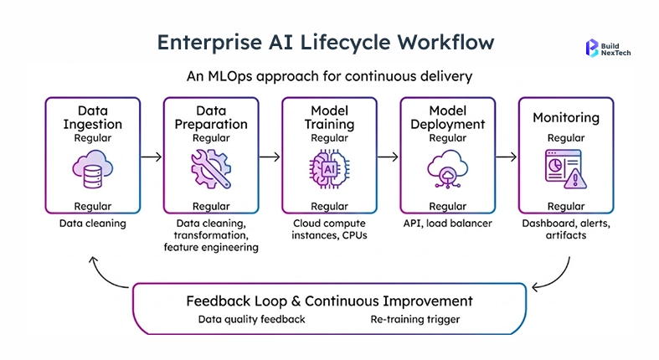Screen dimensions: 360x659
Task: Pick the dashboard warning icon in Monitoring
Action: tap(565, 170)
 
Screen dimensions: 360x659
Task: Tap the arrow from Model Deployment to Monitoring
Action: tap(506, 156)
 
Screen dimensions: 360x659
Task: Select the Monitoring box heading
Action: tap(565, 118)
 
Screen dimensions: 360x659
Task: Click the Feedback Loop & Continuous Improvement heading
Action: tap(329, 301)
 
